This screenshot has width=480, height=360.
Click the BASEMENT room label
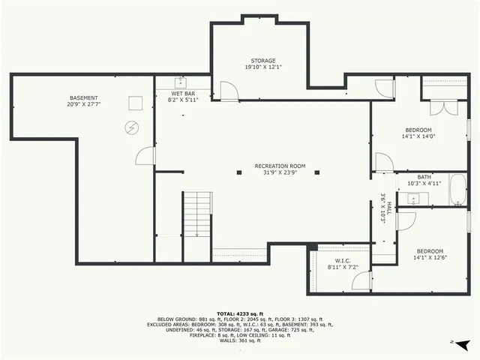click(x=84, y=98)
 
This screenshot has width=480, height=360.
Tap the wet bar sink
click(x=180, y=82)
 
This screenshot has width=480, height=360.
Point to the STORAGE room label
click(x=262, y=61)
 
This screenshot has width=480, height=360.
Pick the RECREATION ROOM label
click(x=280, y=166)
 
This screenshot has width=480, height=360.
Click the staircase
click(x=197, y=214)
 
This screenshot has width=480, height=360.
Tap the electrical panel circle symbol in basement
click(x=132, y=127)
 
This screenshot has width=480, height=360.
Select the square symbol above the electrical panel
click(x=135, y=103)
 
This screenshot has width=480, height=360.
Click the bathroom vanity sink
click(x=413, y=199)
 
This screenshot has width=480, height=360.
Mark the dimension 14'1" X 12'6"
click(x=430, y=257)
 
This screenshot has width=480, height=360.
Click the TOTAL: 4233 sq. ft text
click(x=239, y=313)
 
